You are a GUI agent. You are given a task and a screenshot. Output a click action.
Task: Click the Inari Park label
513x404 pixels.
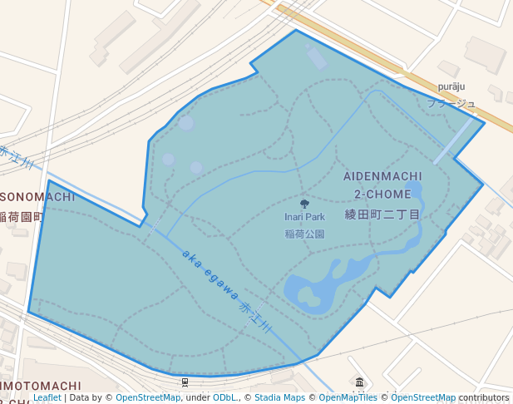pos(304,218)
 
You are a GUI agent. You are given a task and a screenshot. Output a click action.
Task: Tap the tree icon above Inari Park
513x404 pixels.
pos(304,204)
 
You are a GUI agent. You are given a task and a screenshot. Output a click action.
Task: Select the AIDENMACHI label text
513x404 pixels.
pos(382,177)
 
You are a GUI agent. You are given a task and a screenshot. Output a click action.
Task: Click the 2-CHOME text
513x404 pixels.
pos(382,194)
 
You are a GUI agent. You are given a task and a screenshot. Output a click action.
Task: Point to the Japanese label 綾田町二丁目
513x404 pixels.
pos(382,214)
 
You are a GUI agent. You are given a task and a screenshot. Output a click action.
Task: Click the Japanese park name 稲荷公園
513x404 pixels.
pos(304,234)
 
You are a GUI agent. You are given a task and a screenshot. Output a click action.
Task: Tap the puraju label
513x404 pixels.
pos(451,87)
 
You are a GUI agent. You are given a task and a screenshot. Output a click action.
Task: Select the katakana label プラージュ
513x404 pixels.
pos(451,104)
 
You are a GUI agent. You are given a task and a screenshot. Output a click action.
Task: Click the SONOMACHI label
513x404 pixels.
pos(37,197)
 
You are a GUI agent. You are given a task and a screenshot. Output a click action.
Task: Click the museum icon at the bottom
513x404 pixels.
pos(359,382)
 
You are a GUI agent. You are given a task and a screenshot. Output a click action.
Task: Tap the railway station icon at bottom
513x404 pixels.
pos(185,382)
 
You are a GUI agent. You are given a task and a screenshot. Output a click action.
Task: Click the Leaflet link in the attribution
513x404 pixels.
pos(47,398)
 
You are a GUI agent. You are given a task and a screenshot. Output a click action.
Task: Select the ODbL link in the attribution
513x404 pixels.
pos(224,398)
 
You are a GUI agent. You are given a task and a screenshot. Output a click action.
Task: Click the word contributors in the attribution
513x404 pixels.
pos(484,398)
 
